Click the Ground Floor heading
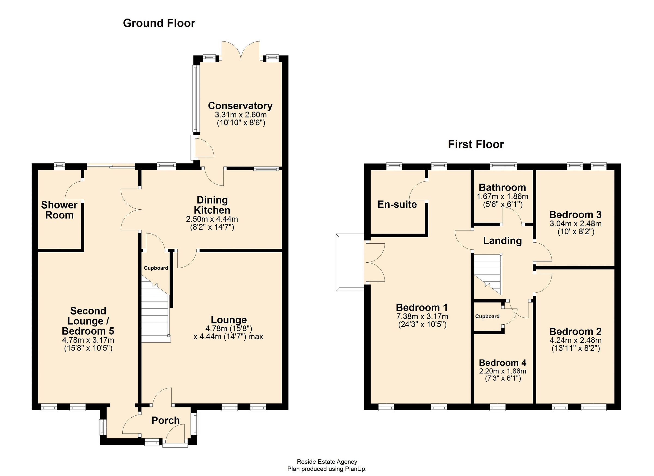click(159, 23)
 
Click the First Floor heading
click(476, 144)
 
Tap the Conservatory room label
click(240, 106)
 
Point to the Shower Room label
click(59, 210)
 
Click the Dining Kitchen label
click(212, 205)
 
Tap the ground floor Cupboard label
click(156, 268)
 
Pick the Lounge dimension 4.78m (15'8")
click(229, 328)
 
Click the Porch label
click(165, 420)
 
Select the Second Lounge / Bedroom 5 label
click(88, 321)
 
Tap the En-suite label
click(397, 204)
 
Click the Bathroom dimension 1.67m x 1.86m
click(502, 197)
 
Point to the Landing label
click(502, 240)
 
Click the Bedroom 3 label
click(575, 214)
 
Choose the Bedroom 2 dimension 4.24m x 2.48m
click(575, 340)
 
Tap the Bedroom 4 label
click(502, 363)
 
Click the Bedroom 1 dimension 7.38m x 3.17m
click(422, 316)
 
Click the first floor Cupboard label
click(487, 316)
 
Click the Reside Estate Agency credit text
click(327, 462)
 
